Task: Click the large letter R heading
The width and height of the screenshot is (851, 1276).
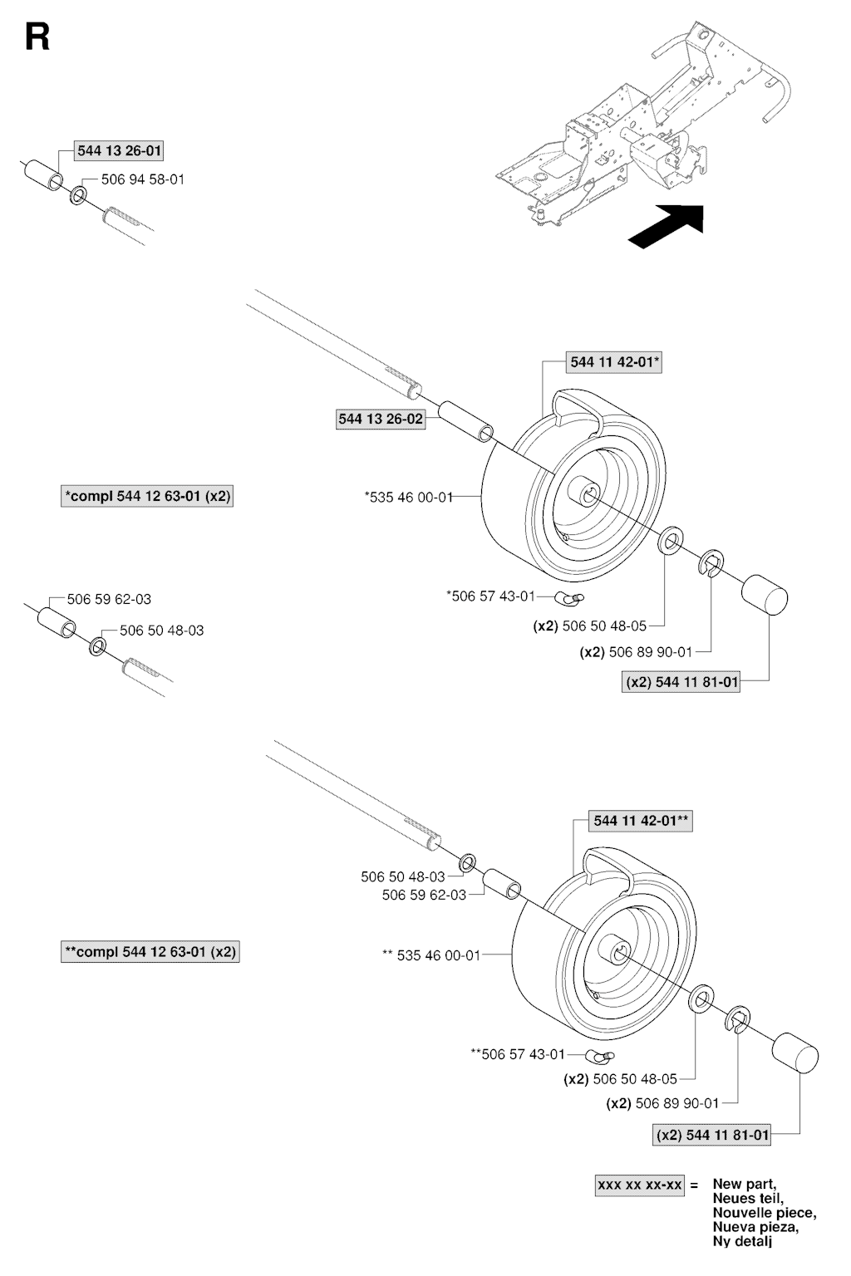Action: tap(37, 37)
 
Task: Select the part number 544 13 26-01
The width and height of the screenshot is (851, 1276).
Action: tap(119, 151)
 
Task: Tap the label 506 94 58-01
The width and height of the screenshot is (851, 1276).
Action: tap(142, 179)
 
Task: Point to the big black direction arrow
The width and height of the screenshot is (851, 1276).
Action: tap(666, 226)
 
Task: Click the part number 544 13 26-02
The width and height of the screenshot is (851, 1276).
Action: tap(381, 420)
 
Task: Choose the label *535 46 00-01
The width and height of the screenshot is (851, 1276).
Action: tap(409, 498)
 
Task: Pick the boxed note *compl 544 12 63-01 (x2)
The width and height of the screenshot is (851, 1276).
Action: tap(147, 496)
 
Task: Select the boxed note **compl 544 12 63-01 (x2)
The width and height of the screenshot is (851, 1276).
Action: tap(150, 952)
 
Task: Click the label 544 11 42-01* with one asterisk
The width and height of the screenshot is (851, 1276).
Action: tap(614, 362)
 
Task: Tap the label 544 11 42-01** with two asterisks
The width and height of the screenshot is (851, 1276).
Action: tap(641, 821)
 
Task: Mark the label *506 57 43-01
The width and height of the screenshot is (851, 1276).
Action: tap(491, 596)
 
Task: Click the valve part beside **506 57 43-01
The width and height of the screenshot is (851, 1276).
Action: tap(600, 1055)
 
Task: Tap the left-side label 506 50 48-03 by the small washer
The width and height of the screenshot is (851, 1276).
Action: tap(162, 631)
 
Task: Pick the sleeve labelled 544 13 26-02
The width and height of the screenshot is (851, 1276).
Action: tap(465, 422)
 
